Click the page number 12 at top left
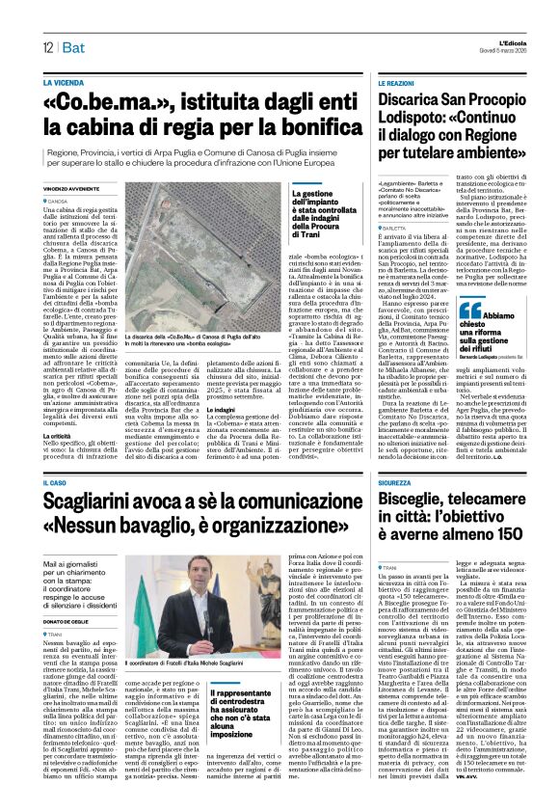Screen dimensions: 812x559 [46, 47]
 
